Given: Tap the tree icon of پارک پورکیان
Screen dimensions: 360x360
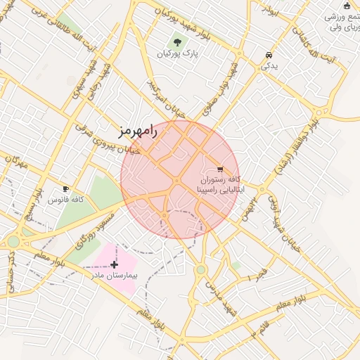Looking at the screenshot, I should click(x=176, y=42).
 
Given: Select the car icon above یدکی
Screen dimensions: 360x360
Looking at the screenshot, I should click(x=269, y=56).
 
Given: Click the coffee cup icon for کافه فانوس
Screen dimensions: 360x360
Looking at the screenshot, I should click(x=65, y=189).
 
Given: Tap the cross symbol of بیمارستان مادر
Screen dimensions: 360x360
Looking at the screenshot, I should click(x=115, y=264).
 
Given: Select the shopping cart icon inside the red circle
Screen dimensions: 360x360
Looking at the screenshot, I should click(x=220, y=169).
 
